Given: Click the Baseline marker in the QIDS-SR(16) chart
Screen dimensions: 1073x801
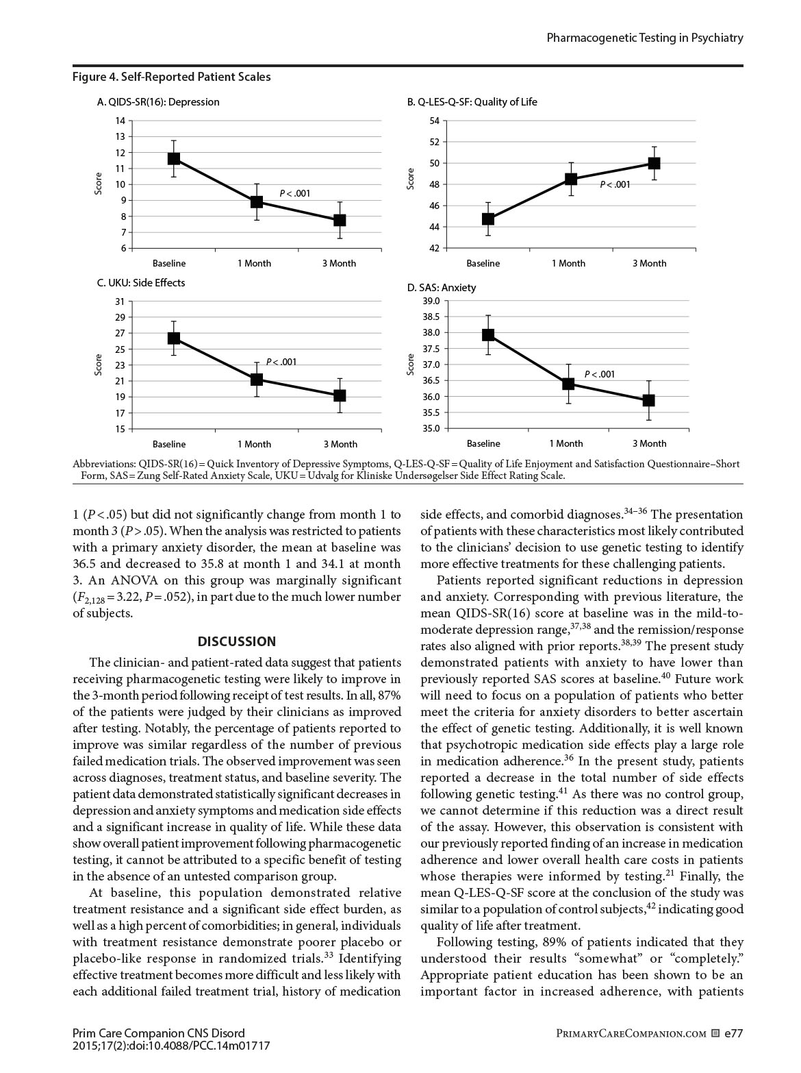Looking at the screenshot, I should tap(173, 158).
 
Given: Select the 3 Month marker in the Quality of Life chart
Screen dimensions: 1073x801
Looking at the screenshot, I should tap(654, 163).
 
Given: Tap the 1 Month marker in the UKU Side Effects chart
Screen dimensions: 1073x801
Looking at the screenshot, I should tap(256, 379).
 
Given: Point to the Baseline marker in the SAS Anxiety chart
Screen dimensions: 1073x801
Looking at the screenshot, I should tap(488, 334).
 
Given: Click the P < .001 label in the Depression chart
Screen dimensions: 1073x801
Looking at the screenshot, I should tap(295, 193).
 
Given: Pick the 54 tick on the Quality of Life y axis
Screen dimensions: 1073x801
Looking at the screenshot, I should tap(434, 121).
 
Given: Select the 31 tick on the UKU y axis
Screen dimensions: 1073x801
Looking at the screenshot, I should tap(120, 301).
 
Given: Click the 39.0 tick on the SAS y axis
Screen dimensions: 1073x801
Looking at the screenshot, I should tap(431, 301).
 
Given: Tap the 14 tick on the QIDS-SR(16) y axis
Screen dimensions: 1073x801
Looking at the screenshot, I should tap(120, 121).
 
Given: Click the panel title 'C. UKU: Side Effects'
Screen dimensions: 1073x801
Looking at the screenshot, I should tap(141, 282).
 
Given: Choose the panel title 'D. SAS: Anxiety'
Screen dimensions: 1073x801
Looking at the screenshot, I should tap(442, 288).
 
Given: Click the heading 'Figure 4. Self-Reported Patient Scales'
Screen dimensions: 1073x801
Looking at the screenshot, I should tap(172, 77).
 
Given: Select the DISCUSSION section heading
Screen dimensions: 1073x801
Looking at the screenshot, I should tap(237, 641).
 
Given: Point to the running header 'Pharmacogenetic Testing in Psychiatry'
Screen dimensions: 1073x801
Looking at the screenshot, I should tap(645, 38).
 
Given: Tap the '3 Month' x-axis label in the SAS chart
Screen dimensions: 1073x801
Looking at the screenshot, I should tap(649, 443).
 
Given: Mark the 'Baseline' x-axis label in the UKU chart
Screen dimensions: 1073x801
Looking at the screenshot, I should tap(169, 444).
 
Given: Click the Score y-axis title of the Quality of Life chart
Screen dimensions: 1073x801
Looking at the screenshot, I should tap(411, 180).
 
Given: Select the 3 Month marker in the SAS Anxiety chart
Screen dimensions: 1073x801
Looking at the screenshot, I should tap(648, 400).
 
